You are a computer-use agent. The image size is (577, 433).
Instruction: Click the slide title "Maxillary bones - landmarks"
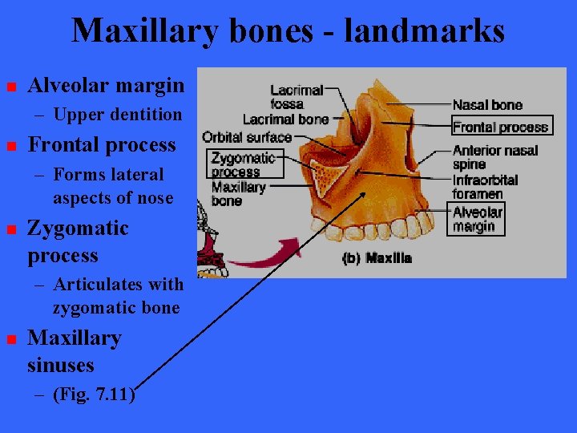click(x=288, y=31)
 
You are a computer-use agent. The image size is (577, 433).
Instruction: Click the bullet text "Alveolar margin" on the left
click(x=106, y=85)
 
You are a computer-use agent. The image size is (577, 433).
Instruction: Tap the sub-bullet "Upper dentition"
click(x=117, y=115)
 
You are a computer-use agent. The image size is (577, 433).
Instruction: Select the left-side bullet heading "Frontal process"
click(x=101, y=145)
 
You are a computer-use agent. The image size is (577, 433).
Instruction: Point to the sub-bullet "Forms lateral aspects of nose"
click(x=112, y=186)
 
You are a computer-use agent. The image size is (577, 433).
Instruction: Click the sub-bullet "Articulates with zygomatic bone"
click(x=117, y=296)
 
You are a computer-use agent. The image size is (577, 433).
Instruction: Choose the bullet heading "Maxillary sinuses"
click(x=74, y=351)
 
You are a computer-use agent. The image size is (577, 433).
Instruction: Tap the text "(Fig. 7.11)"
click(x=94, y=395)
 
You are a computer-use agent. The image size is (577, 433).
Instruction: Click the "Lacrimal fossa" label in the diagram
click(x=296, y=97)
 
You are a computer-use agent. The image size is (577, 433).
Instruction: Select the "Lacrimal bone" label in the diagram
click(x=285, y=119)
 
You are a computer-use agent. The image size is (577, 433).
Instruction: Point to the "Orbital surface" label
click(x=247, y=137)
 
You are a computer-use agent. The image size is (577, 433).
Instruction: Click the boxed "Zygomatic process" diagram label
click(x=243, y=164)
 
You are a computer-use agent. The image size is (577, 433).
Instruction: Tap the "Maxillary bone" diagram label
click(x=238, y=193)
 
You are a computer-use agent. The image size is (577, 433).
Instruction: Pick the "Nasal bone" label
click(x=487, y=104)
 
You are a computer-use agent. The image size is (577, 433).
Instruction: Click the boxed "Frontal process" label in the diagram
click(x=500, y=127)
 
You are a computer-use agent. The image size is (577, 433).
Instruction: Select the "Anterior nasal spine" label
click(x=495, y=157)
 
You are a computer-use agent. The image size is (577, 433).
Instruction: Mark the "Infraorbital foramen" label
click(x=485, y=186)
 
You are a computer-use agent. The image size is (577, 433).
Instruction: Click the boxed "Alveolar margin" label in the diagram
click(x=478, y=219)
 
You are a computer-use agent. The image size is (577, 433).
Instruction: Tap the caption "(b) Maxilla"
click(x=377, y=258)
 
